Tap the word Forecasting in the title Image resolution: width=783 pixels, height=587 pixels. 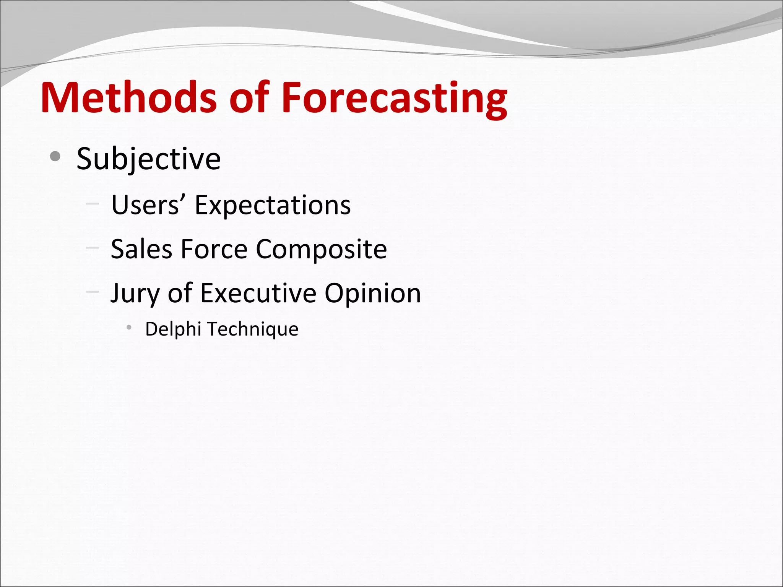(394, 98)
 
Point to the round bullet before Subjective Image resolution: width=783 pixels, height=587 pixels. (55, 156)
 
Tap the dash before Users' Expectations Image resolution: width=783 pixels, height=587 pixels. (92, 204)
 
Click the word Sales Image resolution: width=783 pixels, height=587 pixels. (141, 249)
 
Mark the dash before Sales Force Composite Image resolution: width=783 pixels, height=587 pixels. (92, 248)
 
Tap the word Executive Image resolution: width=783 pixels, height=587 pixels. (258, 293)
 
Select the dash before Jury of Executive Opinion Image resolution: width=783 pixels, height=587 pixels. (92, 292)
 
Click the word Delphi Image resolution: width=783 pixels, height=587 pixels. (173, 329)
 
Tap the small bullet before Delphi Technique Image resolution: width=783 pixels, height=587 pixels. (129, 327)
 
